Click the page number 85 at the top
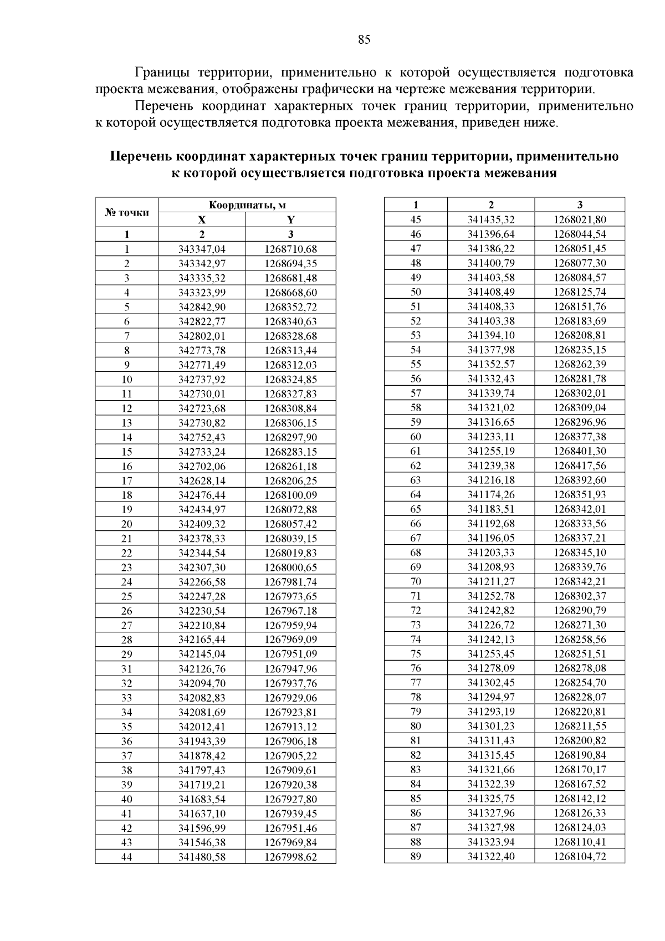(x=364, y=39)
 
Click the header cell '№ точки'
(x=127, y=212)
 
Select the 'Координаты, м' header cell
(x=247, y=205)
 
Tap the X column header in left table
(x=202, y=219)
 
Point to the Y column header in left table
(x=290, y=219)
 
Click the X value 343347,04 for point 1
(x=202, y=249)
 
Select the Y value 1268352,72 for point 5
(x=290, y=307)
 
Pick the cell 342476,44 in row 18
(x=202, y=495)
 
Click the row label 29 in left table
(x=127, y=654)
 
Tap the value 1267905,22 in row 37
(x=290, y=755)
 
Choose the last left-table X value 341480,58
(x=202, y=857)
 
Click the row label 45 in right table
(x=416, y=219)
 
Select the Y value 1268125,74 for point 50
(x=580, y=292)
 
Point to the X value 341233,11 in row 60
(x=491, y=437)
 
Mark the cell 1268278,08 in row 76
(x=580, y=668)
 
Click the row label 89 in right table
(x=416, y=856)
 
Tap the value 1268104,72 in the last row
(x=580, y=856)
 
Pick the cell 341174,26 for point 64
(x=491, y=494)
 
